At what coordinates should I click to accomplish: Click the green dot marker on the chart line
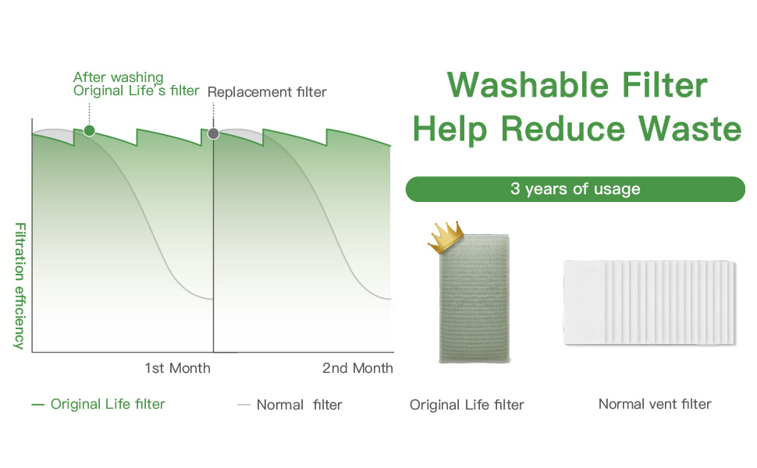coord(89,130)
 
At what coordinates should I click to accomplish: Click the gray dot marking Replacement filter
coord(214,133)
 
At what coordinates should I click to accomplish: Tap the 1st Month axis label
coord(177,367)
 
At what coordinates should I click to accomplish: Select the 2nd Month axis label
coord(357,367)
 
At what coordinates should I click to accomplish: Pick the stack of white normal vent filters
coord(649,303)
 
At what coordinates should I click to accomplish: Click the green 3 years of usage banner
coord(575,189)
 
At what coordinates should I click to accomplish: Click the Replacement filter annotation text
coord(267,92)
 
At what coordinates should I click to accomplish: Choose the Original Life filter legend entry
coord(98,403)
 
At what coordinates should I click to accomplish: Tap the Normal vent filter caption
coord(655,403)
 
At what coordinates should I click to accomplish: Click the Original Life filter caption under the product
coord(467,405)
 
